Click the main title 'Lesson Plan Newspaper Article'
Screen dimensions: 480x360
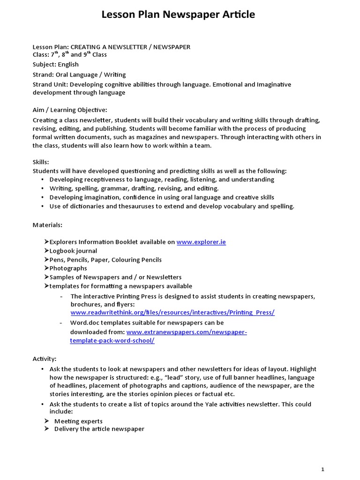(x=178, y=15)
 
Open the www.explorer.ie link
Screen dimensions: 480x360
(x=201, y=242)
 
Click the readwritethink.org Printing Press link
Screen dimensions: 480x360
(x=172, y=312)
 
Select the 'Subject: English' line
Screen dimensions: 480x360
(x=55, y=64)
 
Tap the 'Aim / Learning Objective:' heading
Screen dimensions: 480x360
(x=70, y=110)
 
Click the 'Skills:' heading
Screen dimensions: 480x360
(x=41, y=162)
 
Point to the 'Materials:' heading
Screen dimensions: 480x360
(x=47, y=225)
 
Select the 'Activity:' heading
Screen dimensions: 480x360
(x=45, y=359)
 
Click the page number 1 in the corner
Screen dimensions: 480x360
(x=322, y=469)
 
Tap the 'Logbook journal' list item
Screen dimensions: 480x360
(x=73, y=251)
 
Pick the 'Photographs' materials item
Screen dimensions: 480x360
(x=68, y=268)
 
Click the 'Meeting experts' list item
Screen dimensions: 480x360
(x=78, y=421)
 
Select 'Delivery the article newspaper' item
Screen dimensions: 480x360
(x=99, y=428)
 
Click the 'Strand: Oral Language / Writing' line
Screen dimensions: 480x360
(x=79, y=75)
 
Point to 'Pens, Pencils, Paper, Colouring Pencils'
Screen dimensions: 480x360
(x=105, y=260)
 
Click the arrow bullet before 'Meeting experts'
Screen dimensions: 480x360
(x=47, y=421)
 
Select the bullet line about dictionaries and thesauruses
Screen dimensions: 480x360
(x=172, y=206)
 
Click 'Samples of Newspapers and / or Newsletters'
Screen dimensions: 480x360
(x=115, y=277)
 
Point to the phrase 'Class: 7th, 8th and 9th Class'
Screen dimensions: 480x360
(x=69, y=54)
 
